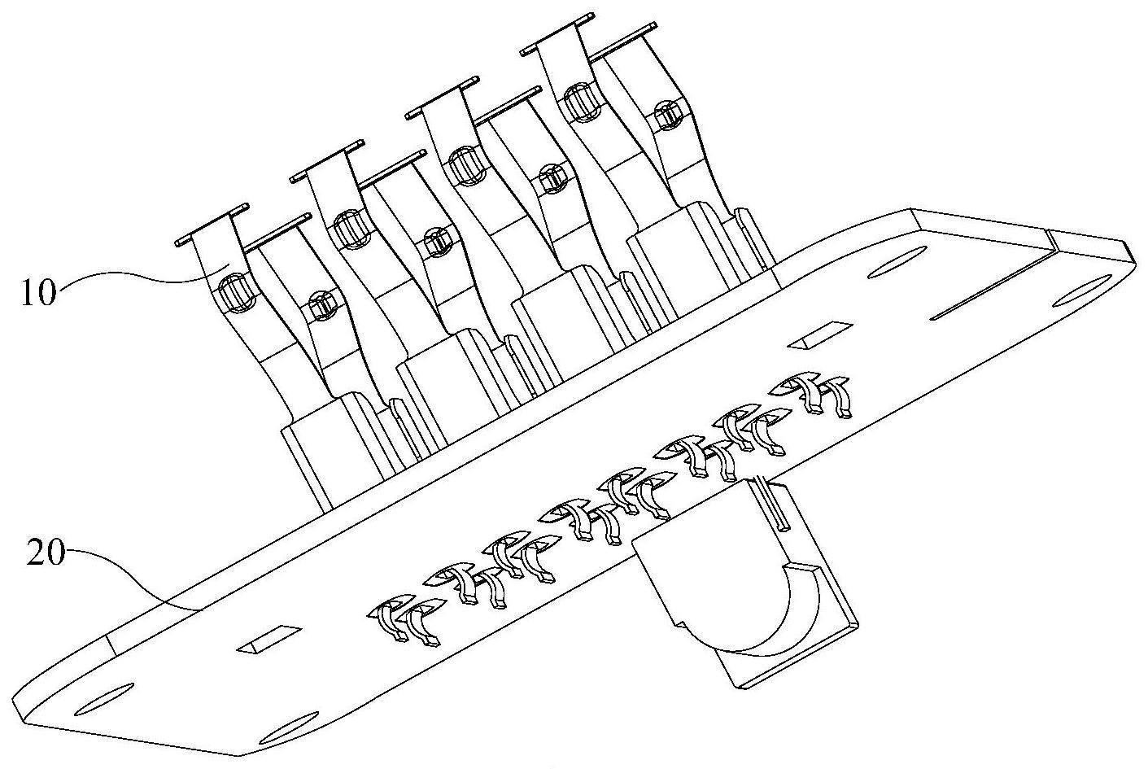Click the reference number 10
coord(38,293)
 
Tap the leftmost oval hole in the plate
coord(104,699)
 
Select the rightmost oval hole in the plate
coord(1082,291)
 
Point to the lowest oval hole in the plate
coord(289,728)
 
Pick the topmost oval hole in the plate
coord(897,262)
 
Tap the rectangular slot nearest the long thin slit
coord(820,336)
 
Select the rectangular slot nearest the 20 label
coord(269,640)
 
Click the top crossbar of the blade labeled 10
coord(212,225)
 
